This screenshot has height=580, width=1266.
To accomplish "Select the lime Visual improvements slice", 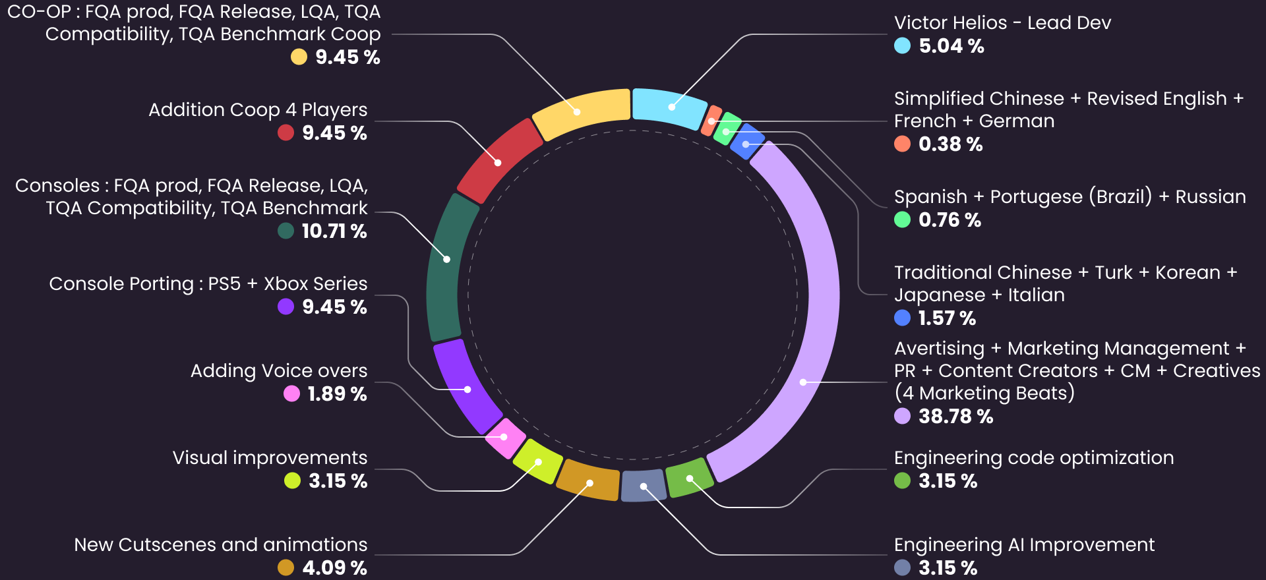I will coord(537,461).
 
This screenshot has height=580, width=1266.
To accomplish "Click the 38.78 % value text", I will coord(955,417).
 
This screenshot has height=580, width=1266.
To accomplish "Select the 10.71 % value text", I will coord(334,231).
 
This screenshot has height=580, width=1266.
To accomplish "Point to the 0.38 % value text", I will coord(950,144).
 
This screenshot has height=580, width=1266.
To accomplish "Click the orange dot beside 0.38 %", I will coord(902,144).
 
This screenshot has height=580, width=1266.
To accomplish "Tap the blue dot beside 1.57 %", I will coord(902,318).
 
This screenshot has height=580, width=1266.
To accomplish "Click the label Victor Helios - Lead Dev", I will coord(1002,23).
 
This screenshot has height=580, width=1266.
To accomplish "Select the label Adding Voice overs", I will coord(279,371).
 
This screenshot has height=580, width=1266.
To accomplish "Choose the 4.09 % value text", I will coord(334,567).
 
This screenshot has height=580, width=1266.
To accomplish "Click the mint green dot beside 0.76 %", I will coord(902,219).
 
